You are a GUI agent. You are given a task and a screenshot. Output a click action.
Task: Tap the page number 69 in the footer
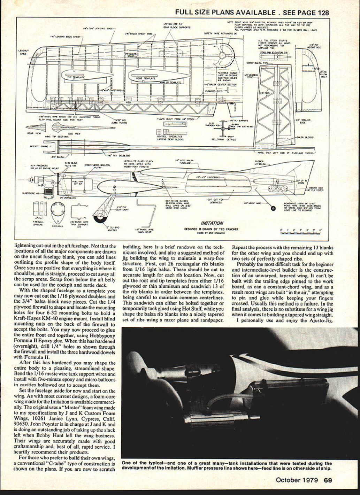pyautogui.click(x=328, y=480)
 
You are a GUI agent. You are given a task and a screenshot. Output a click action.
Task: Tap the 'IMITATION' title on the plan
pyautogui.click(x=212, y=223)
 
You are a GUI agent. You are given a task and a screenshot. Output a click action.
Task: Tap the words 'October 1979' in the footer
pyautogui.click(x=297, y=480)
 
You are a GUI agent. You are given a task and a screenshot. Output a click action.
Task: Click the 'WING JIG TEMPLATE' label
pyautogui.click(x=170, y=83)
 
